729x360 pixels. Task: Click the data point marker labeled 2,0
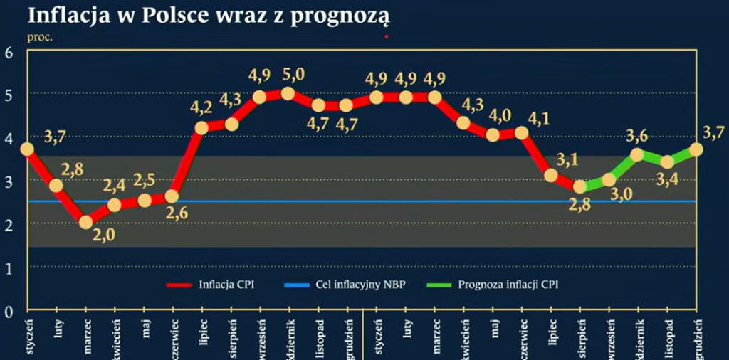click(85, 222)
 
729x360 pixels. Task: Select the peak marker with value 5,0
click(288, 93)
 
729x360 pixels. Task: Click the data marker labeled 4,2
click(201, 128)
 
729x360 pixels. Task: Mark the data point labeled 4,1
click(522, 132)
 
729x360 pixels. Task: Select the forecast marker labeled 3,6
click(637, 154)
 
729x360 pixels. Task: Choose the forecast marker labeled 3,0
click(609, 180)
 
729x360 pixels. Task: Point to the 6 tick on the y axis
click(9, 52)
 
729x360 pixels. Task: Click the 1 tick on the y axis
click(9, 268)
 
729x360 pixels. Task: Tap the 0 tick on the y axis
click(9, 311)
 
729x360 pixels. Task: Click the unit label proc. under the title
click(40, 36)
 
